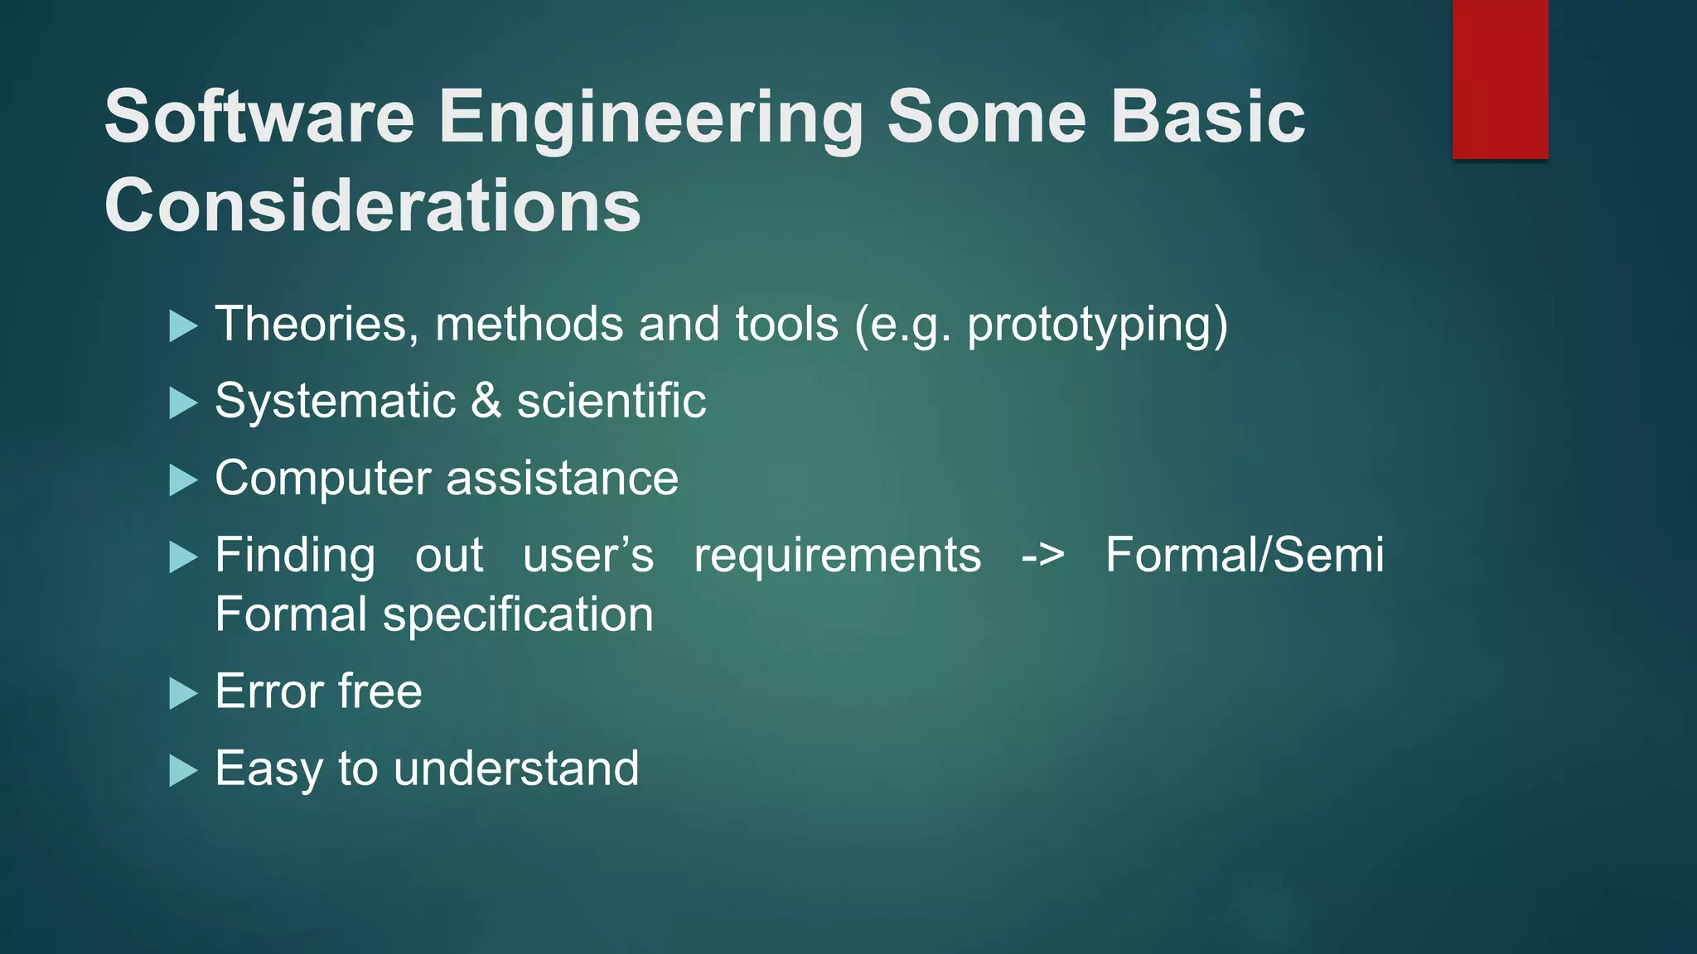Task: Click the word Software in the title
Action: pos(259,117)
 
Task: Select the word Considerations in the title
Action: pos(372,205)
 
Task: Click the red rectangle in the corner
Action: pos(1500,79)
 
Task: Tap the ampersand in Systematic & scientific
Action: pos(486,401)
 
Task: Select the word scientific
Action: pos(611,401)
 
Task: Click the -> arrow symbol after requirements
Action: pos(1042,556)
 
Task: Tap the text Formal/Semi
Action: pos(1244,555)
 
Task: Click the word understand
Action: pos(515,768)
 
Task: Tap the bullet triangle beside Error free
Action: pos(182,693)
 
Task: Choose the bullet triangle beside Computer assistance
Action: pos(182,480)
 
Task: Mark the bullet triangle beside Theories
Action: pos(182,325)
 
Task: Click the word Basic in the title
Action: pos(1207,117)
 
